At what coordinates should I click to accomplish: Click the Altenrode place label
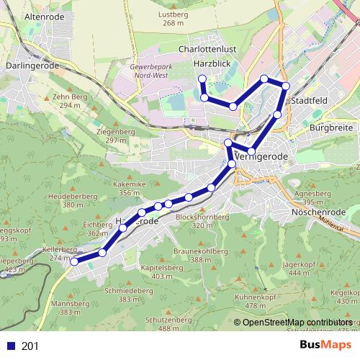coord(45,14)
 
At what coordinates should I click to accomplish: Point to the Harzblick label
coord(211,64)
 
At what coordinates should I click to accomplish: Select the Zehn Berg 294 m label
coord(70,100)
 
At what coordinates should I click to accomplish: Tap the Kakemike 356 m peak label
coord(130,188)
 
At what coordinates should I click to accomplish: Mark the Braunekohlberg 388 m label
coord(201,255)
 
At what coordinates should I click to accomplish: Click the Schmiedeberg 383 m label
coord(129,294)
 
